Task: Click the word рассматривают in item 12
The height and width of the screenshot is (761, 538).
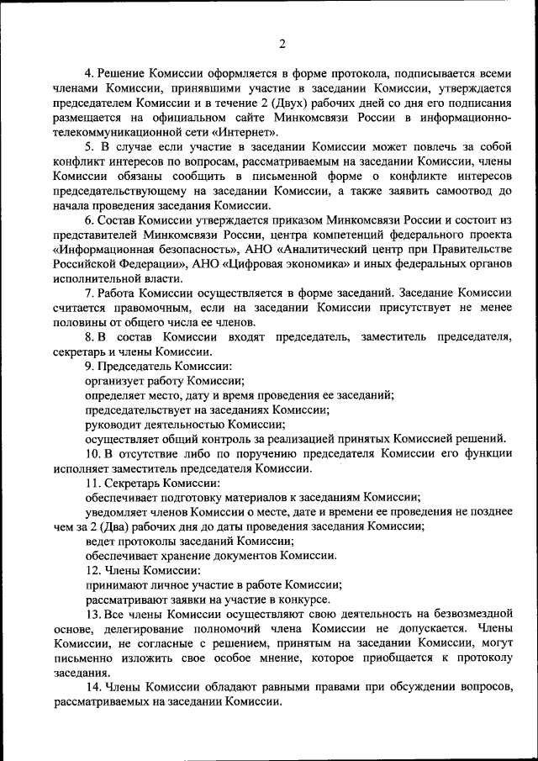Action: pos(128,600)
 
